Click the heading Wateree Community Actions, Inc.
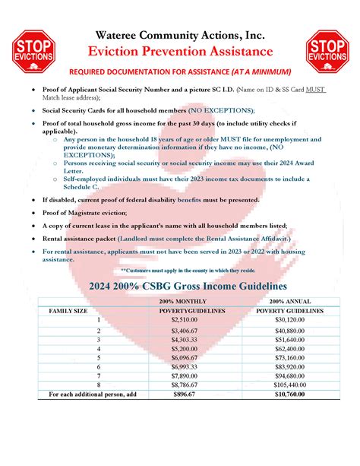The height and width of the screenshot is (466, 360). tap(181, 36)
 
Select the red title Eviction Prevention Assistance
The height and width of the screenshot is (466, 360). tap(181, 52)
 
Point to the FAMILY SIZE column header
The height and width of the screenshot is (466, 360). tap(71, 312)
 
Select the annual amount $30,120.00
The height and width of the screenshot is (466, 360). tap(289, 321)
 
